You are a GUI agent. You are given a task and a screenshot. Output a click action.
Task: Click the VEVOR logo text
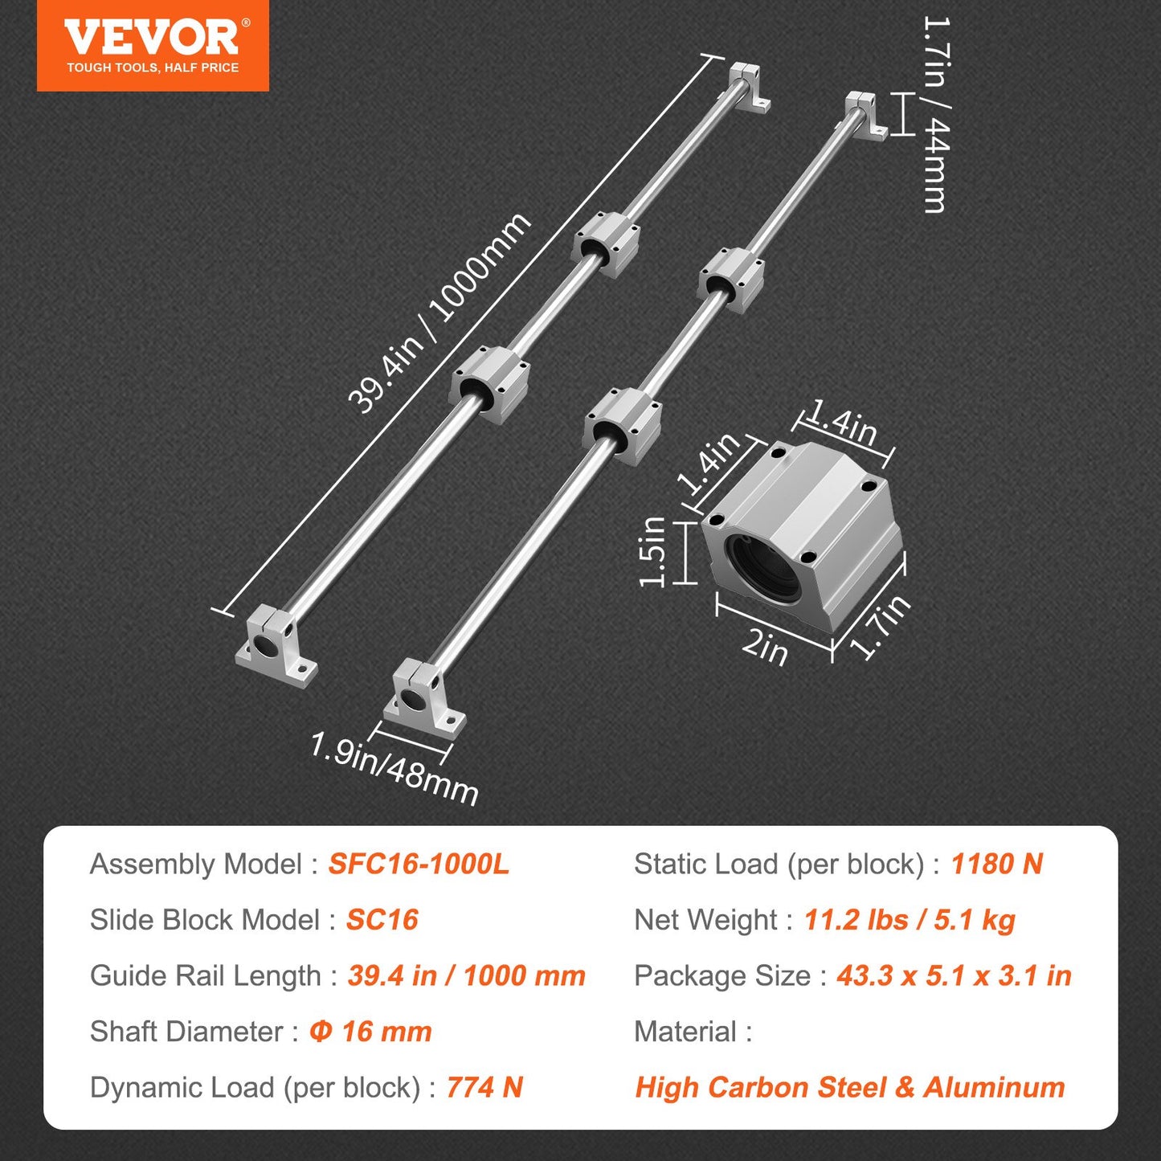153,38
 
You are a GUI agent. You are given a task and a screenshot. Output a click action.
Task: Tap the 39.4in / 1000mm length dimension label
439,313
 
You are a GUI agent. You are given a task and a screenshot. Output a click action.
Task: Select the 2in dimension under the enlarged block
765,646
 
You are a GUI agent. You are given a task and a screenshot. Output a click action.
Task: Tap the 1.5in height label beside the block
652,552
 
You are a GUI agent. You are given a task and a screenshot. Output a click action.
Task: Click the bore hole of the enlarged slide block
763,566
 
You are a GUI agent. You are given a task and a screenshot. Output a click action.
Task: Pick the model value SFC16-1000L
419,864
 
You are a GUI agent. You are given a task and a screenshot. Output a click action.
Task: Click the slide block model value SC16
382,919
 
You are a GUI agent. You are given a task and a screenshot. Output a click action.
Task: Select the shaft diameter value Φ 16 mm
370,1031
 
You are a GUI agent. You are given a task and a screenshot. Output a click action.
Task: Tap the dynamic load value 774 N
484,1087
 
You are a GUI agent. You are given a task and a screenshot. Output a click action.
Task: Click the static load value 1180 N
996,864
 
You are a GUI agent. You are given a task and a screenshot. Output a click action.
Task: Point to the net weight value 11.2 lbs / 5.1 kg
910,919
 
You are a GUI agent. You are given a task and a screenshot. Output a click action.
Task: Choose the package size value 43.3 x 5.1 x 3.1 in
954,975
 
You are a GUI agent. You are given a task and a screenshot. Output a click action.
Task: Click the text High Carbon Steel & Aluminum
849,1087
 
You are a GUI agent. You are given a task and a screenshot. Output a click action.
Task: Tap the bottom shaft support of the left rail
276,645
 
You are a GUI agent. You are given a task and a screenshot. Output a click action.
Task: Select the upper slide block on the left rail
607,242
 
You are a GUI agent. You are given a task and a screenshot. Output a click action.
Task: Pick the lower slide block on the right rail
623,425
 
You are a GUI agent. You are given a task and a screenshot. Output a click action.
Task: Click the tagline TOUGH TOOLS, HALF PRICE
153,68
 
